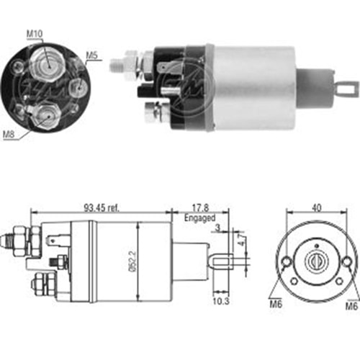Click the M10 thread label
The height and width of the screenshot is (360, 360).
click(x=35, y=34)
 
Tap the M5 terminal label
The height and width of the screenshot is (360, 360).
click(x=92, y=55)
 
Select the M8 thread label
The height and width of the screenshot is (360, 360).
click(x=9, y=135)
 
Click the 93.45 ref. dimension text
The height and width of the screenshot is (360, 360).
click(x=102, y=208)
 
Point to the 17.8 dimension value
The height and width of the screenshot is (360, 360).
click(x=201, y=208)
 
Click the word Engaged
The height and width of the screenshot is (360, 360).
click(x=200, y=218)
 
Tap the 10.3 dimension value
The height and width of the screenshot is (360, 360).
click(x=221, y=301)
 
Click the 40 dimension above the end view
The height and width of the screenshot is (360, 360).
click(x=317, y=207)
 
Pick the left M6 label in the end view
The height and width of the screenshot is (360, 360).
click(x=276, y=305)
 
